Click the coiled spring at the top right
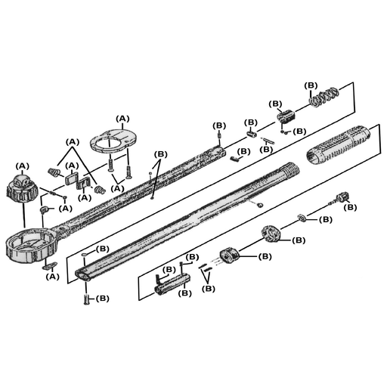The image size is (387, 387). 324,97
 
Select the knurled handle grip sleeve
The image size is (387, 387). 338,145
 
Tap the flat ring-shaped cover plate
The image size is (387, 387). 113,141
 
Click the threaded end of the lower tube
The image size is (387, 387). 289,169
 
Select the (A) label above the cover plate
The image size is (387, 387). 122,119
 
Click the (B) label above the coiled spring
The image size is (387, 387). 311,85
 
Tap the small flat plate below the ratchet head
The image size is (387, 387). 50,265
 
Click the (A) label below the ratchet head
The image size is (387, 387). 52,277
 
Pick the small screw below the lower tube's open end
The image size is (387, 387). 86,299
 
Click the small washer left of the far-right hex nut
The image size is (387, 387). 301,217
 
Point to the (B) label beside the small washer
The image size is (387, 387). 326,220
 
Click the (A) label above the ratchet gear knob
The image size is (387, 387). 23,166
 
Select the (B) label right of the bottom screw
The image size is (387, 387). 103,299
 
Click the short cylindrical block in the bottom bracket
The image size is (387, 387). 172,284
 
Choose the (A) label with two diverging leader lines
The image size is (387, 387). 73,142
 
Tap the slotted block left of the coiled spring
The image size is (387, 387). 286,116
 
